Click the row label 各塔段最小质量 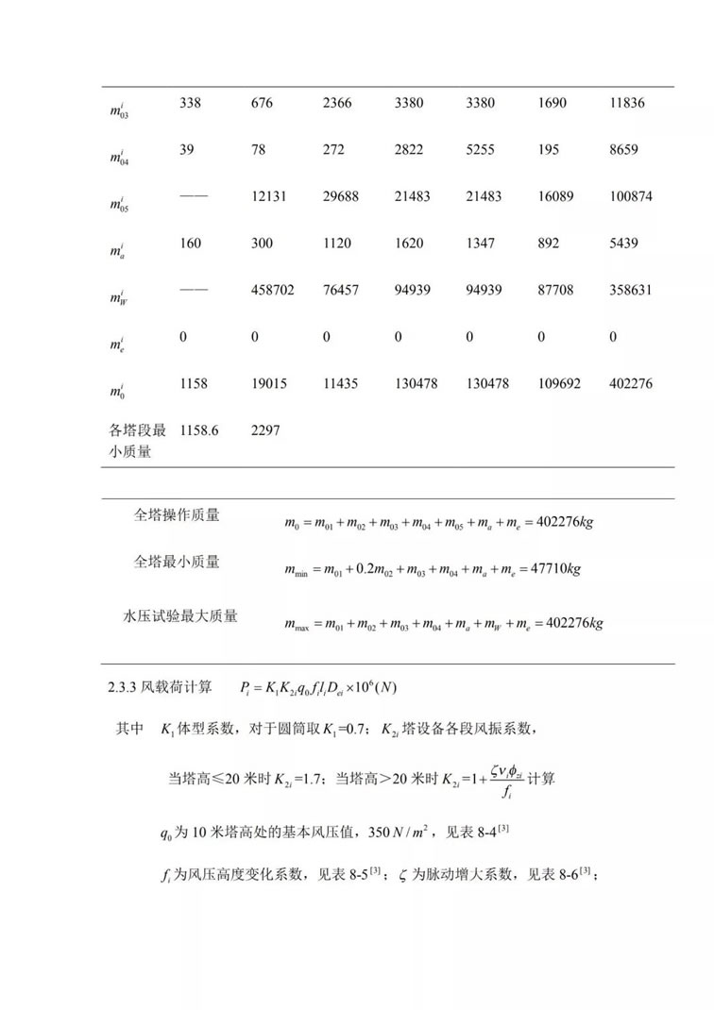(x=137, y=441)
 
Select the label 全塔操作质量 (x=177, y=515)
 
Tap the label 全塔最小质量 (x=177, y=563)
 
